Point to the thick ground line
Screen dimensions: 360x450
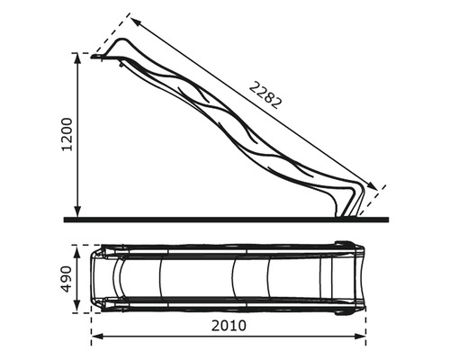click(x=225, y=219)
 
